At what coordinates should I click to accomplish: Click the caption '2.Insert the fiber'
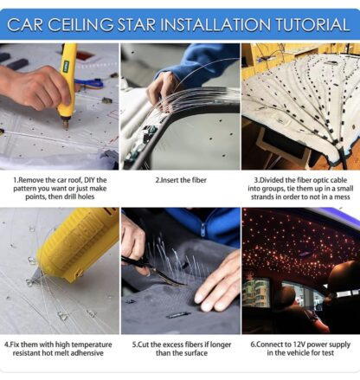click(x=180, y=179)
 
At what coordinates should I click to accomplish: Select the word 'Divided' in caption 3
click(x=270, y=179)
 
